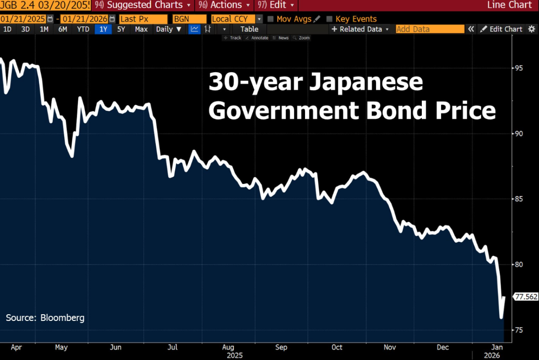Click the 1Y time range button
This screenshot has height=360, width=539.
pos(104,29)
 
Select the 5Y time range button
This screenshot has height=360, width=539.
pos(121,29)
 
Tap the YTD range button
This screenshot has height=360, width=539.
pos(83,29)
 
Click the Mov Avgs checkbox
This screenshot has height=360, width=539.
pos(270,19)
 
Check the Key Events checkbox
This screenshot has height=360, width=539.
pos(329,19)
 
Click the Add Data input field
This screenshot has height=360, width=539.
pos(429,29)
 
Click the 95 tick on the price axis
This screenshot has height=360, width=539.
pos(519,68)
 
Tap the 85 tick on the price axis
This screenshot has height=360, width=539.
pos(519,199)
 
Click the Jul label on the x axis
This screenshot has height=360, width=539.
pos(172,347)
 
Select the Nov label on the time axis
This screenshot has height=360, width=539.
pos(390,347)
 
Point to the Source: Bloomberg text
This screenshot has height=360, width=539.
pos(45,318)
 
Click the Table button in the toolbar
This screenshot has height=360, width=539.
pos(249,29)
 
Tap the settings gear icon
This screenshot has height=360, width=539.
pos(532,29)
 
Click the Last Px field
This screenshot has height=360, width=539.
pos(143,19)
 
